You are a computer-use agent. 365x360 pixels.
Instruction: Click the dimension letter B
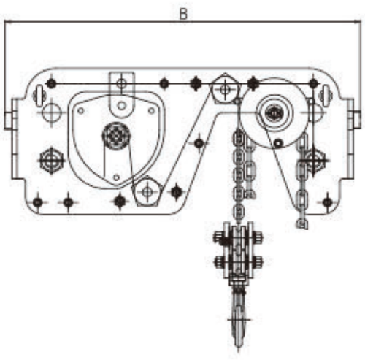pyautogui.click(x=183, y=14)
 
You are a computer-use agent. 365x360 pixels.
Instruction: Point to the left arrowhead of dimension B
pyautogui.click(x=8, y=22)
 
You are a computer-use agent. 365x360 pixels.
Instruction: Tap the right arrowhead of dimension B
pyautogui.click(x=358, y=22)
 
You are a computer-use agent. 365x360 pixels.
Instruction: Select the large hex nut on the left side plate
pyautogui.click(x=51, y=160)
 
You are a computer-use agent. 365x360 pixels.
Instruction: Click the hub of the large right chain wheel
pyautogui.click(x=274, y=113)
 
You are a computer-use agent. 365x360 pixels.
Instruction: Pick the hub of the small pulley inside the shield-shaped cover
pyautogui.click(x=116, y=135)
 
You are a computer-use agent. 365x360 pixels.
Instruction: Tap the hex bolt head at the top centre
pyautogui.click(x=225, y=89)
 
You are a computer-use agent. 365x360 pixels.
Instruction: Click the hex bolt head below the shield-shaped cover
pyautogui.click(x=147, y=191)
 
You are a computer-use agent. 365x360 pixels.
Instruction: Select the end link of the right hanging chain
pyautogui.click(x=302, y=224)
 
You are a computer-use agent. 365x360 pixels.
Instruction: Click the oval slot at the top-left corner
pyautogui.click(x=39, y=95)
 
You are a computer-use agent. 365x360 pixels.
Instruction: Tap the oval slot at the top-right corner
pyautogui.click(x=326, y=94)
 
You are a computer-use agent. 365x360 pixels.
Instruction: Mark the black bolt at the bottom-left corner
pyautogui.click(x=38, y=202)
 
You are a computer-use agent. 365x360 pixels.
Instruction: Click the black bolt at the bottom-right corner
pyautogui.click(x=327, y=202)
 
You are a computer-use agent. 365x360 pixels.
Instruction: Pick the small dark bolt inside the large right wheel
pyautogui.click(x=278, y=143)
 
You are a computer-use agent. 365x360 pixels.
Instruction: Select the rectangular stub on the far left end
pyautogui.click(x=8, y=120)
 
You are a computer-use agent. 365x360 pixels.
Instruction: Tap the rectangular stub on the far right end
pyautogui.click(x=357, y=119)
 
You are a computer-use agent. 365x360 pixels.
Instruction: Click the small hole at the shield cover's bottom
pyautogui.click(x=117, y=177)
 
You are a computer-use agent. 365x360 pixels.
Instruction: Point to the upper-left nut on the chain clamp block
pyautogui.click(x=219, y=238)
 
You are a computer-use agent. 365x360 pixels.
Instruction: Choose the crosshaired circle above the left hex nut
pyautogui.click(x=52, y=112)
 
